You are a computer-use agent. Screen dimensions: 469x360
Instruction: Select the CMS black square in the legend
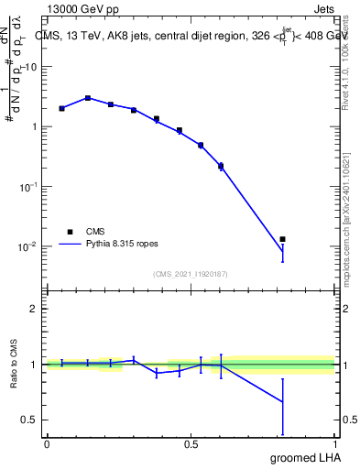[x=70, y=232]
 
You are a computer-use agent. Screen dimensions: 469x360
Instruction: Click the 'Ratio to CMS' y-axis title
[x=13, y=364]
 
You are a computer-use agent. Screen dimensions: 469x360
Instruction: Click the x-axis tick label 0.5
[x=191, y=444]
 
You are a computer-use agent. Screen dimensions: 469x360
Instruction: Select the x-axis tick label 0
[x=47, y=444]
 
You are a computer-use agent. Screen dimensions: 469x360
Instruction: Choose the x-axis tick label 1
[x=335, y=444]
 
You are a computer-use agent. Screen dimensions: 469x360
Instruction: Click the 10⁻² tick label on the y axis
[x=29, y=246]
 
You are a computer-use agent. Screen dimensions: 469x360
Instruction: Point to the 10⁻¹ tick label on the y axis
[x=29, y=186]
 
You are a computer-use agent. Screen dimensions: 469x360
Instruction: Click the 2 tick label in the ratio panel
[x=35, y=309]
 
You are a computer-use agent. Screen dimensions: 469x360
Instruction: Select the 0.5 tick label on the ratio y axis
[x=30, y=420]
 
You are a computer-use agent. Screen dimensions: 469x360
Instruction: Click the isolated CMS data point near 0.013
[x=283, y=239]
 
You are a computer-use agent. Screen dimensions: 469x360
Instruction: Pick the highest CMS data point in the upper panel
[x=88, y=98]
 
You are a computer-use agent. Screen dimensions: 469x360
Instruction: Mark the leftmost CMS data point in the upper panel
[x=61, y=108]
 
